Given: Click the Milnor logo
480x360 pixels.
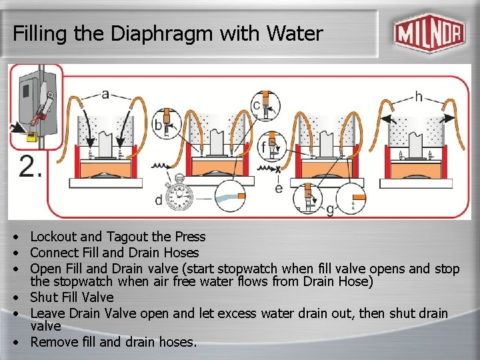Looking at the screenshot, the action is tap(430, 33).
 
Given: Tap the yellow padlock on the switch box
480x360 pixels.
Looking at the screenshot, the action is tap(32, 136).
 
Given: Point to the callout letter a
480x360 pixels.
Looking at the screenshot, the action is tap(105, 94).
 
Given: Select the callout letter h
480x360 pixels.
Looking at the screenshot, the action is tap(419, 97).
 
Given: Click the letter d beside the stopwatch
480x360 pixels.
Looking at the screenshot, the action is tap(159, 200).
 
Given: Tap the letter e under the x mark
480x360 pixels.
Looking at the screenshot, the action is tap(279, 188).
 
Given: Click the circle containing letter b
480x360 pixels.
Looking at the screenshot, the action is tap(167, 123).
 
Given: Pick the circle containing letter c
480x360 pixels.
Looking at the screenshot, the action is tap(265, 105).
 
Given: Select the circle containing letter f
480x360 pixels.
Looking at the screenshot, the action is tap(271, 147).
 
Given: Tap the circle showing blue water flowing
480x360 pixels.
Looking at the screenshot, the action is tap(230, 196).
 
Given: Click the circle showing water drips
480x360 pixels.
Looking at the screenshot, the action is tap(351, 199).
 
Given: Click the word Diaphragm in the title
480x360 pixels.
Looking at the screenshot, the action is tap(161, 33).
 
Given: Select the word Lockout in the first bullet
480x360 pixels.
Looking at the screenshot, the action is tap(53, 237).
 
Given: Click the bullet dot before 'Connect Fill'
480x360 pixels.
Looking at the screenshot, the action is tap(15, 253).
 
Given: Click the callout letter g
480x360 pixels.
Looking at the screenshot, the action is tap(330, 210).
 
